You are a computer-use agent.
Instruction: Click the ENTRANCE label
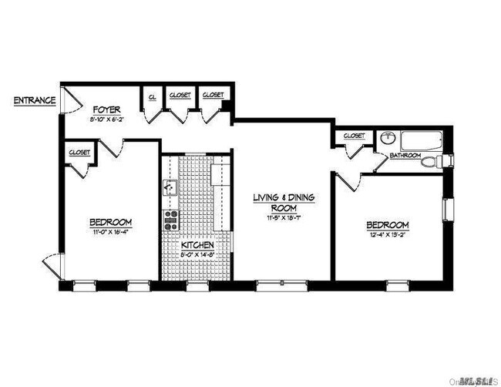tap(34, 100)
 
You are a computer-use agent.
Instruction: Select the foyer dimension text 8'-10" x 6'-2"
tap(106, 119)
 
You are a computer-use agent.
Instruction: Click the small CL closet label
tap(152, 96)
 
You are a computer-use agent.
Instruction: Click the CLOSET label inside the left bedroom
tap(79, 152)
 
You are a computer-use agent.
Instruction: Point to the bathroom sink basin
tap(386, 139)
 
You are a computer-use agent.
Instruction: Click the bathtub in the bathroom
tap(421, 141)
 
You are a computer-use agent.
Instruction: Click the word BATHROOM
tap(405, 156)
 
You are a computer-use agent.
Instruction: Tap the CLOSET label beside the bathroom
tap(354, 136)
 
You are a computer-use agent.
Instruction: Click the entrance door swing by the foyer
tap(69, 99)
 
